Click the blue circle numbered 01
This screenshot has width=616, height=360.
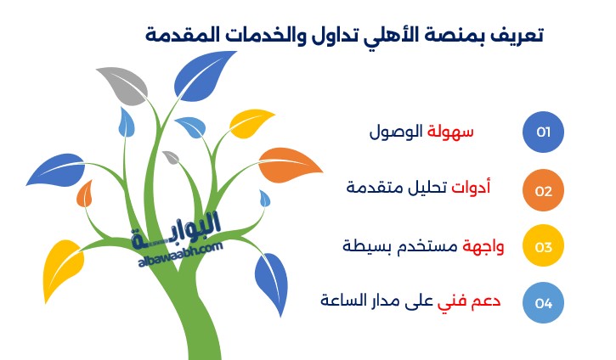(x=543, y=132)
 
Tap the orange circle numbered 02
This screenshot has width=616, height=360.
(x=543, y=190)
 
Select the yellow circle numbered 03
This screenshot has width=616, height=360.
(x=543, y=245)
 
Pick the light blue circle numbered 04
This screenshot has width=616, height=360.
(x=543, y=302)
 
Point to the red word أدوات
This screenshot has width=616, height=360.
(x=471, y=187)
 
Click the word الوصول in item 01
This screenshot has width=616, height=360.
(x=396, y=132)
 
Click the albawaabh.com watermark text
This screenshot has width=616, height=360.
(x=180, y=256)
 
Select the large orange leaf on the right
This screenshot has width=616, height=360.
(x=290, y=166)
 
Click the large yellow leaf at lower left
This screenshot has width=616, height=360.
(x=62, y=267)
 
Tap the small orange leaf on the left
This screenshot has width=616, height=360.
(x=84, y=194)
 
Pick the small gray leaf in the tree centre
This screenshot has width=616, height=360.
(x=172, y=157)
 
